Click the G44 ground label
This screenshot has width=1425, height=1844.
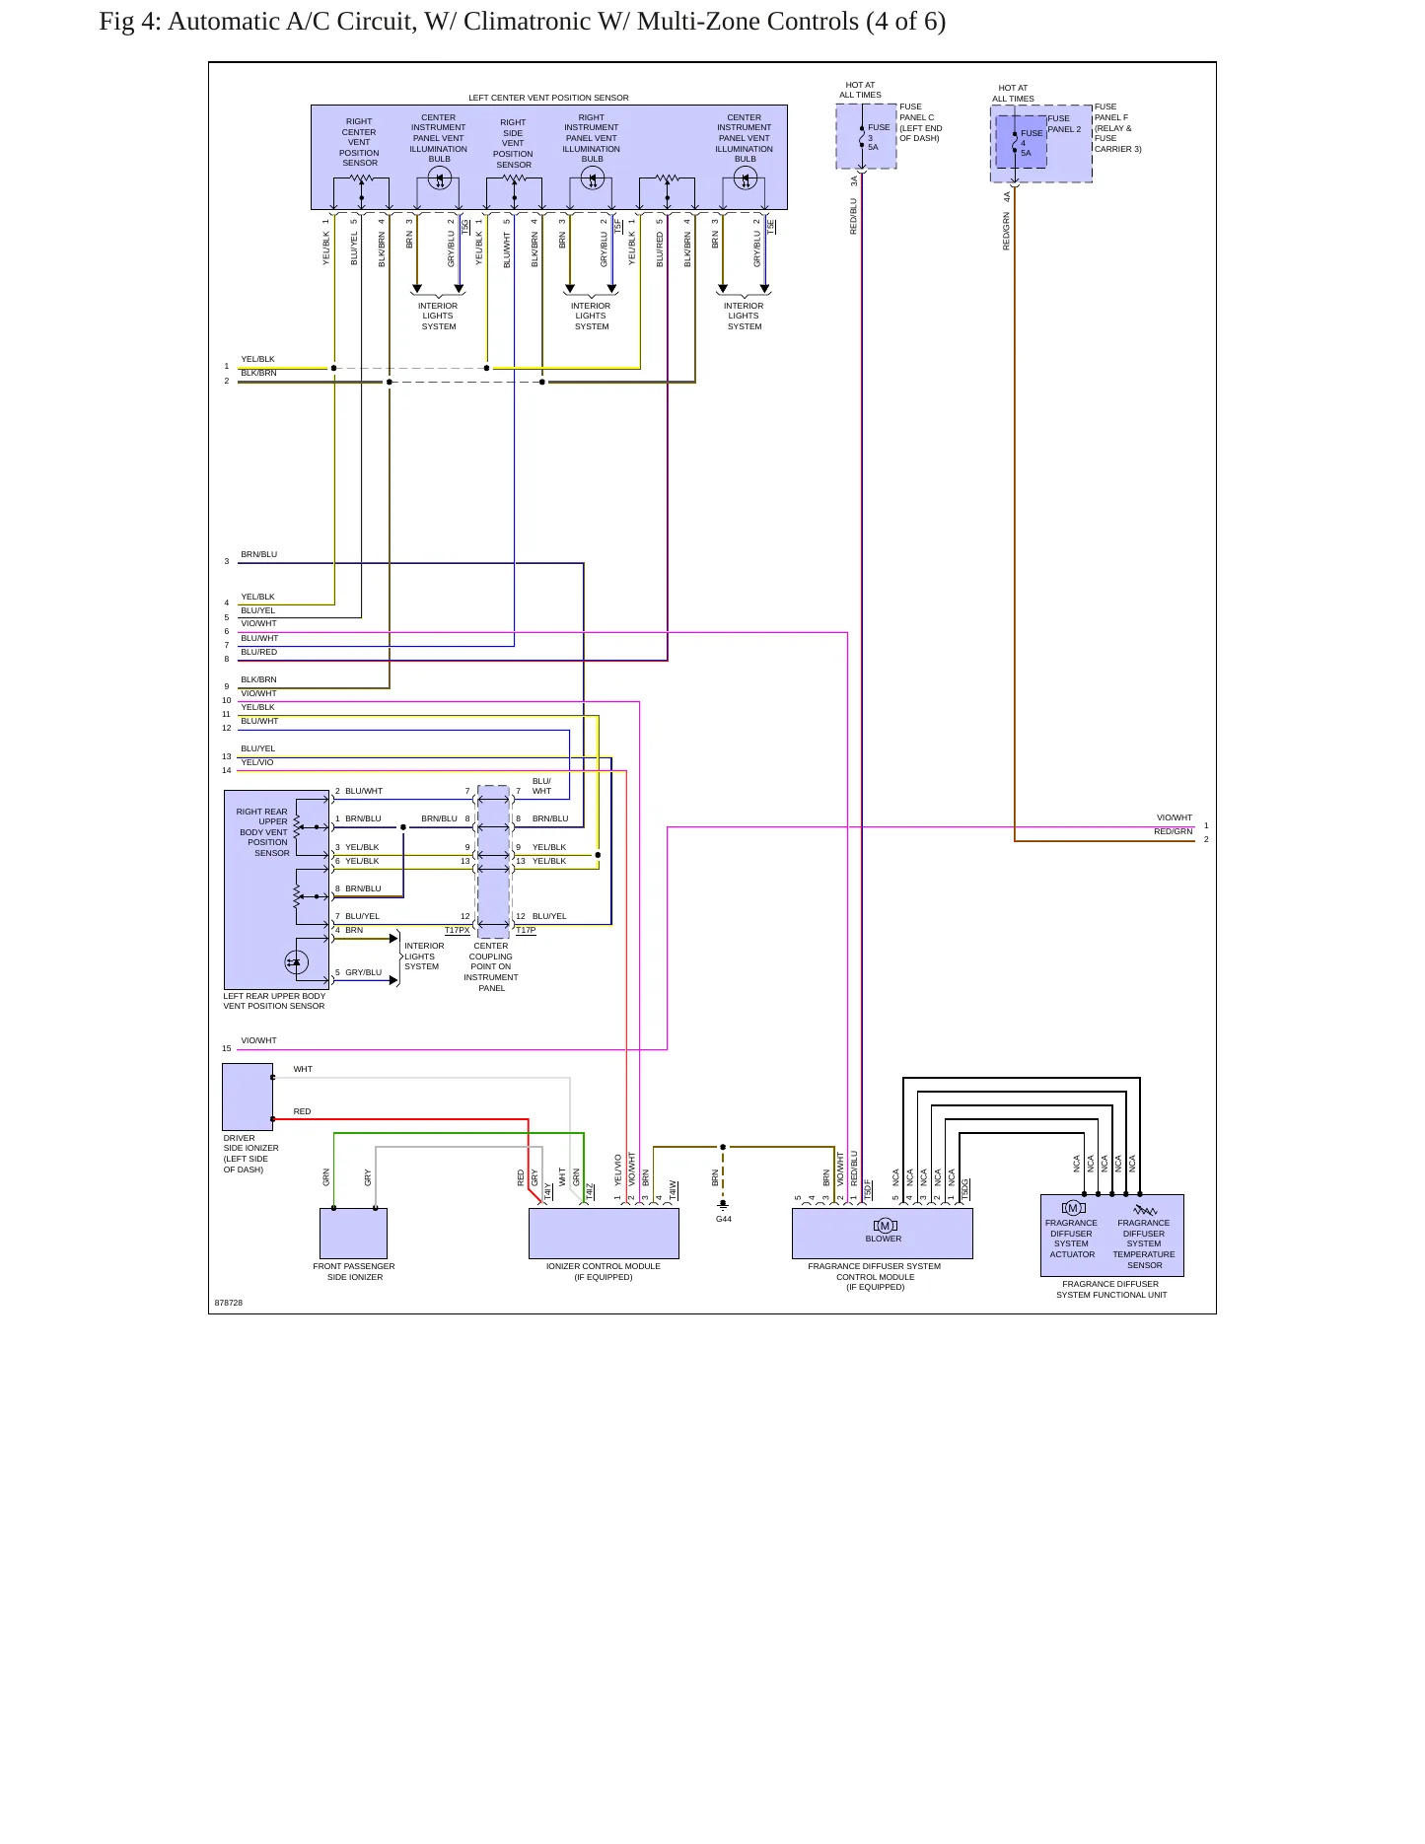(723, 1219)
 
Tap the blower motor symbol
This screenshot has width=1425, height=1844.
(885, 1226)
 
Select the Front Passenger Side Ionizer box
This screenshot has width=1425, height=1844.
(353, 1234)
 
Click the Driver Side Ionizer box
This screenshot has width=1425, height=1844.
(248, 1097)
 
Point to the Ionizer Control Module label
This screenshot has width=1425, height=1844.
(604, 1271)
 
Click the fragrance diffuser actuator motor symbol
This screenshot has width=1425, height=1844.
(1073, 1208)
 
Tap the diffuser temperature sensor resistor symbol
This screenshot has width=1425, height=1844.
(1145, 1210)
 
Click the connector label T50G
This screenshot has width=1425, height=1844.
(965, 1188)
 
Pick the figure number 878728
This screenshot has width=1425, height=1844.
(229, 1303)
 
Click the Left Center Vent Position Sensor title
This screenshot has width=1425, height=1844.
(548, 98)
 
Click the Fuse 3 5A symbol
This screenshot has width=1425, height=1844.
(862, 137)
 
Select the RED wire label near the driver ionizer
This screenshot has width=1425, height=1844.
(302, 1111)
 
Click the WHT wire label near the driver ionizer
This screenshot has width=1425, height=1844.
(303, 1069)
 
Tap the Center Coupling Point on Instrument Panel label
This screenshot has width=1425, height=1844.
(491, 966)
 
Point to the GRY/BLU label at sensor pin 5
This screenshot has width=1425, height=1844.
(363, 972)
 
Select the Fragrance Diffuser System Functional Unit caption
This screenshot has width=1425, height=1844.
(1111, 1290)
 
